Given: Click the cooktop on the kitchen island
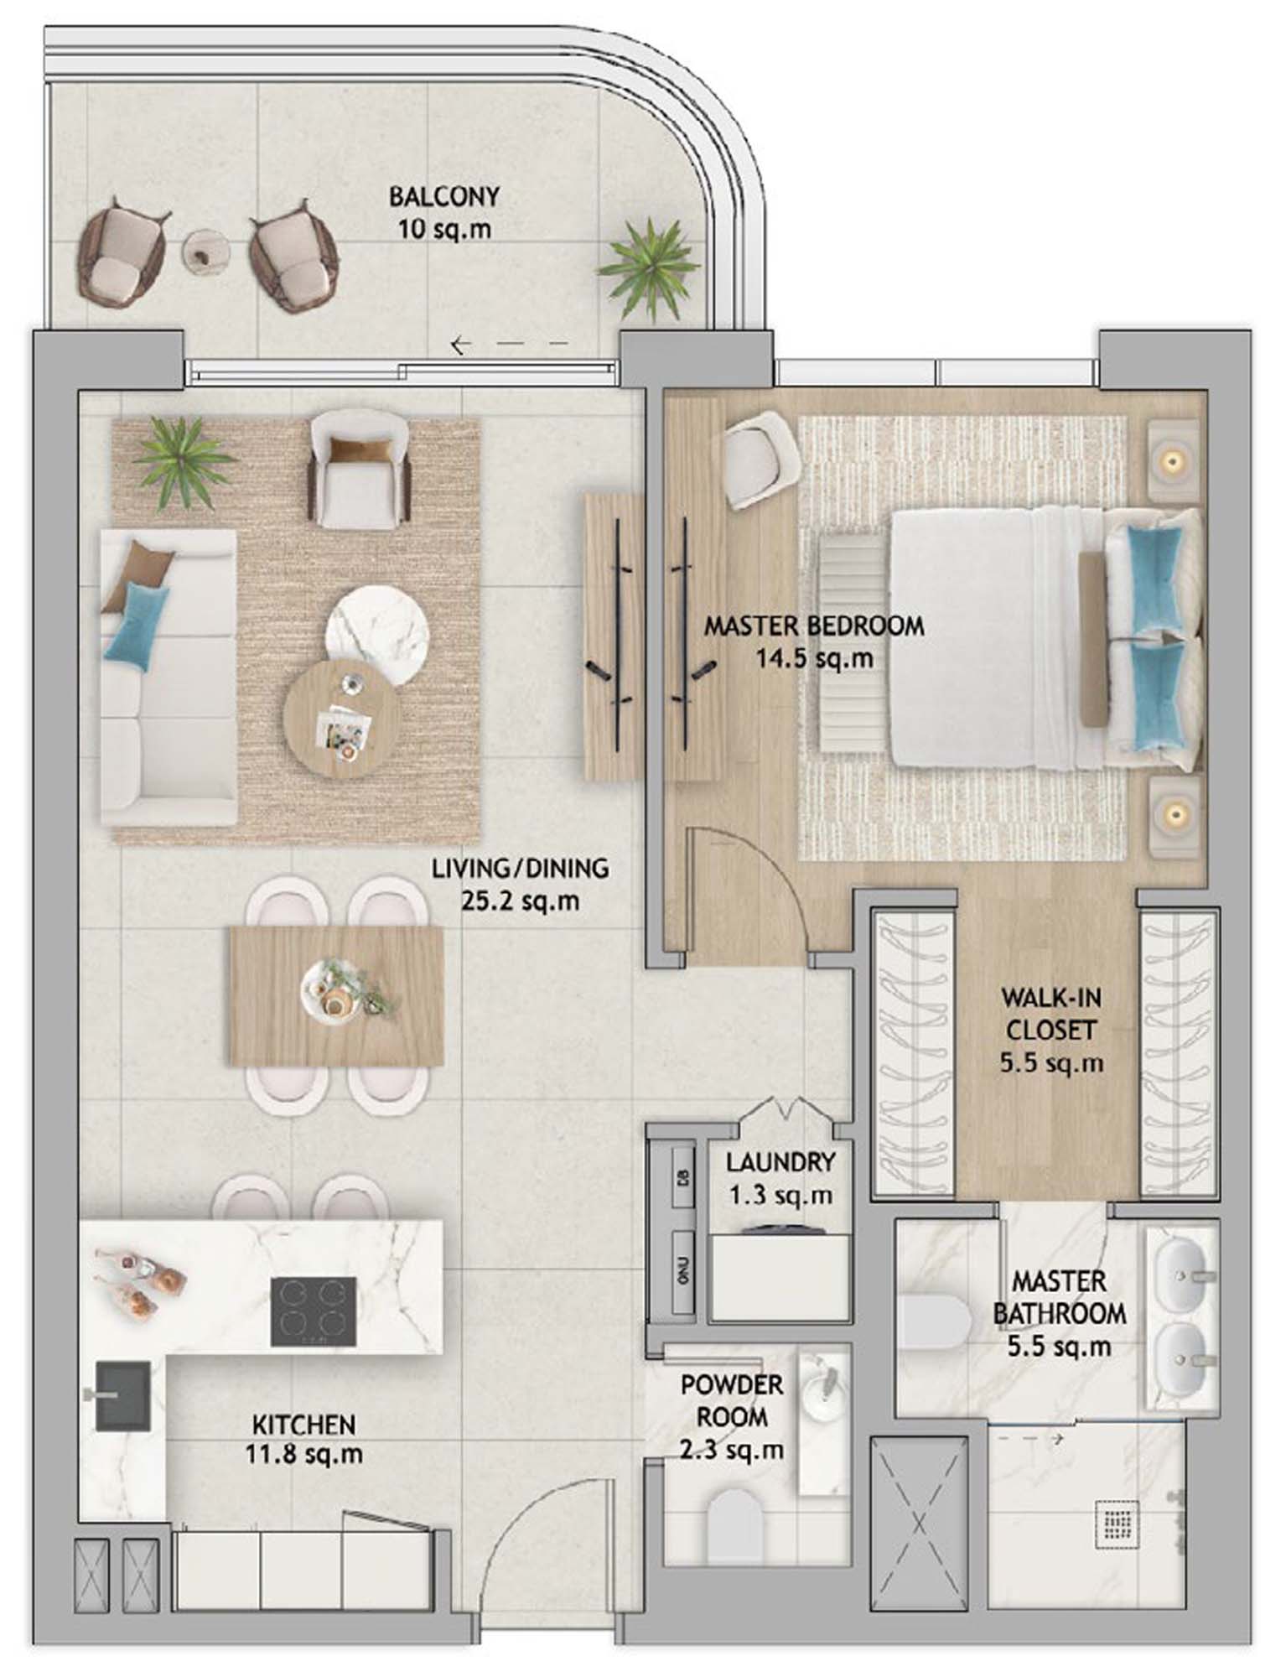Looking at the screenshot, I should point(314,1311).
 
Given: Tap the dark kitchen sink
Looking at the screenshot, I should point(123,1396).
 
